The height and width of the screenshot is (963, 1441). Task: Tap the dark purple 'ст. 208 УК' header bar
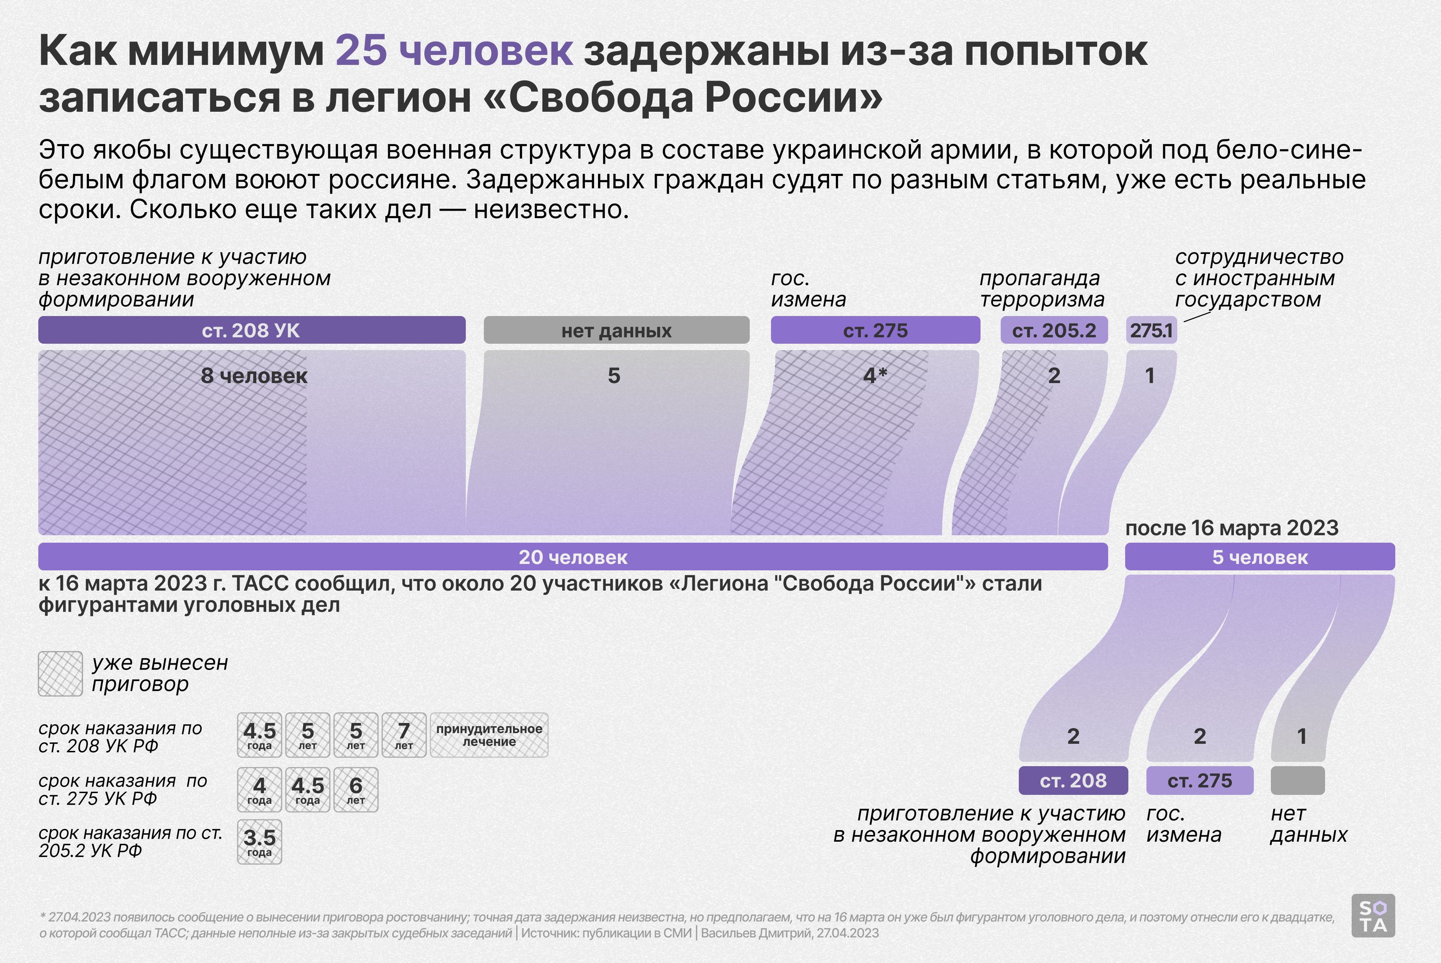(x=252, y=331)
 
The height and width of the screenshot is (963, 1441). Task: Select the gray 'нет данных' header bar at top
(x=616, y=331)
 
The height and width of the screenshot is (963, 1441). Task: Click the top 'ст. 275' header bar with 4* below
(x=875, y=331)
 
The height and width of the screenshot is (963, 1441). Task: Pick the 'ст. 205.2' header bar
(x=1054, y=331)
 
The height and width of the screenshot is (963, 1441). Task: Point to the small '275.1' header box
(x=1151, y=331)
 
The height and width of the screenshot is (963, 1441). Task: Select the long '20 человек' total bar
(x=573, y=557)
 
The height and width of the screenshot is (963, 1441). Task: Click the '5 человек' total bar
(x=1260, y=557)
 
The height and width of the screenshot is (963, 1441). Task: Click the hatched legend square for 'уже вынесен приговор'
(x=60, y=674)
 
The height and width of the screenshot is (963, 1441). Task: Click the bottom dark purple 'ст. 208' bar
(x=1073, y=781)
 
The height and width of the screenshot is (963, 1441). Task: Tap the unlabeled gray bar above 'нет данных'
(x=1297, y=781)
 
